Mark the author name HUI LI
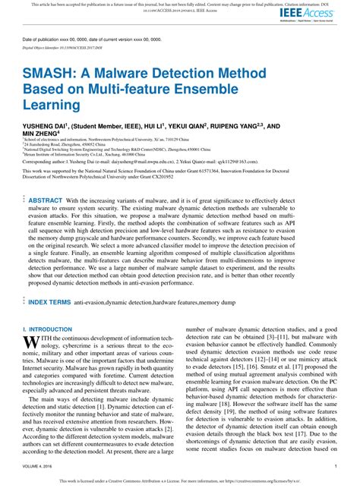coord(145,126)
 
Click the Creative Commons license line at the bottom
coord(179,481)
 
